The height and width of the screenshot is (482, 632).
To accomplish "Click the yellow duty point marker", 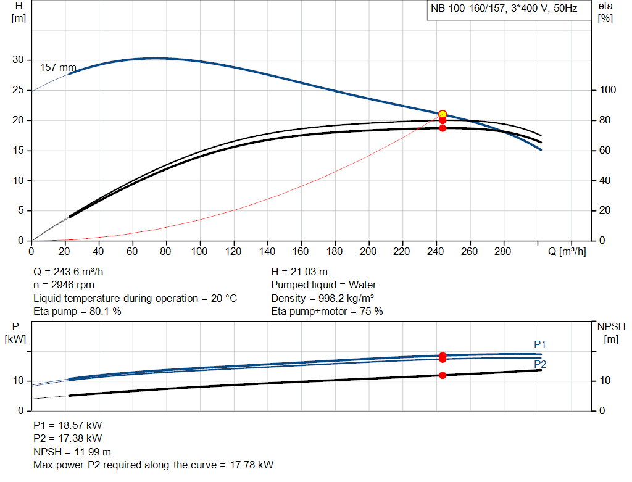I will point(443,114).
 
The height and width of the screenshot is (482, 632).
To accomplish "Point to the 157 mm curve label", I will point(58,67).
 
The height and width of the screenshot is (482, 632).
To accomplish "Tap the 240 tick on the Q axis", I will point(436,252).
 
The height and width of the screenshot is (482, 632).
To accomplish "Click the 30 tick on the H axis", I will point(18,60).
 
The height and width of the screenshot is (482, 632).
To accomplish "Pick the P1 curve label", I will point(540,344).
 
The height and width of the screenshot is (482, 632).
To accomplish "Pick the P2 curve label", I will point(540,364).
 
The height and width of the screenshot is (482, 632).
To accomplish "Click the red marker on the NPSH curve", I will point(443,375).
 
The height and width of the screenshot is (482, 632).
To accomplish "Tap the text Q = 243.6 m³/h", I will point(73,272).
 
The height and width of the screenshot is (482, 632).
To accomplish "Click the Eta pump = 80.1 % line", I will point(77,312).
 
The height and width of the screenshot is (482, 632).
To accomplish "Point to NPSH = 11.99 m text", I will point(72,452).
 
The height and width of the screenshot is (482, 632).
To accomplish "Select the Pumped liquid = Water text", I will point(323,285).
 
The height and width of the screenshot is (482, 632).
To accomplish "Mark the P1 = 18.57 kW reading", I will point(68,425).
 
